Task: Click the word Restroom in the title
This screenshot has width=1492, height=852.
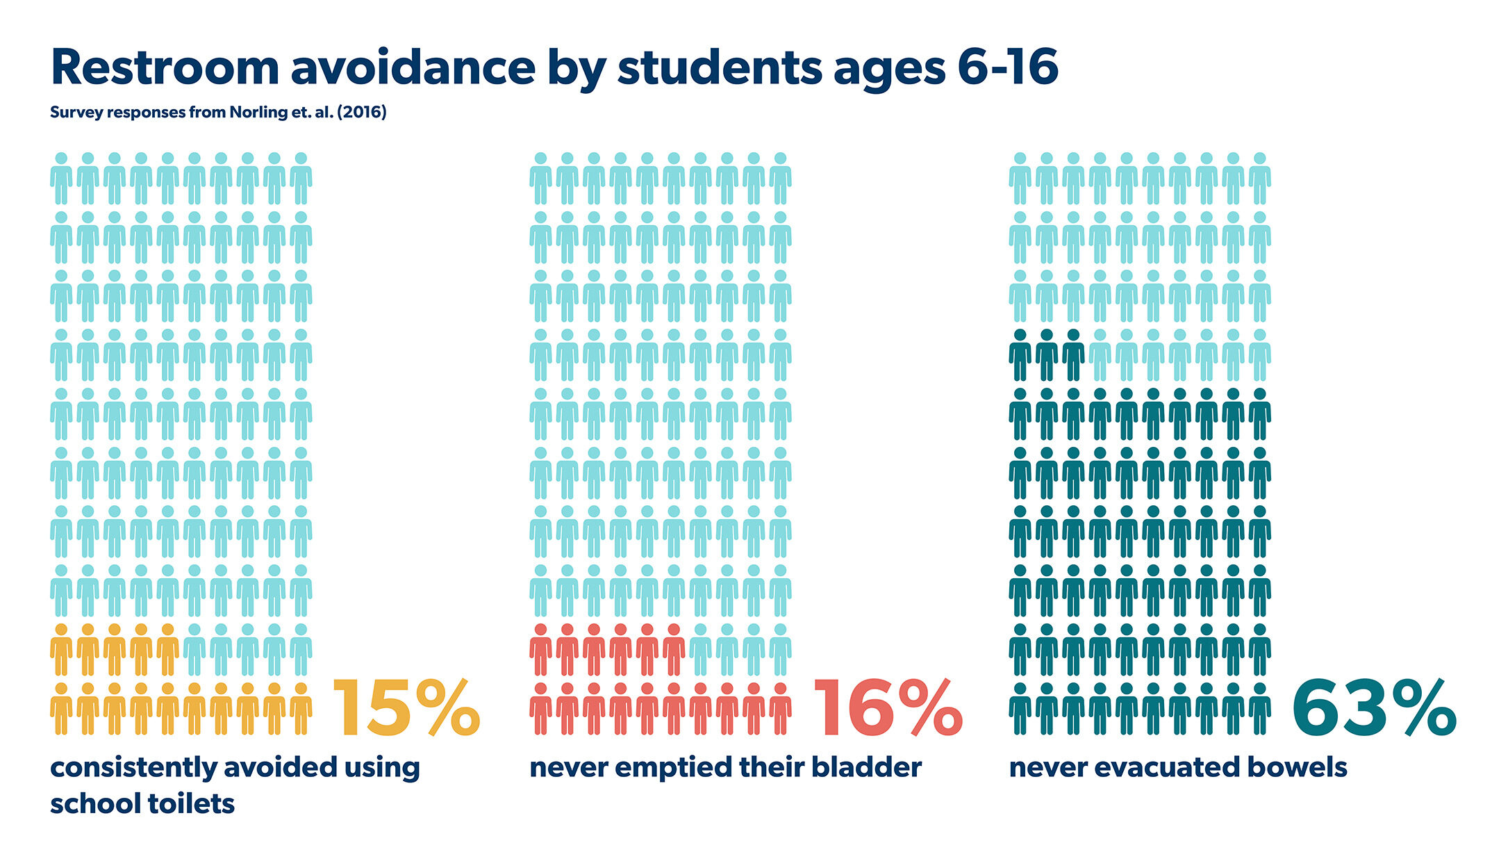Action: click(165, 68)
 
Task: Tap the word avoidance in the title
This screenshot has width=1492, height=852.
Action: click(413, 68)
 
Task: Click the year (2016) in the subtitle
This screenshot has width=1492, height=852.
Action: click(361, 113)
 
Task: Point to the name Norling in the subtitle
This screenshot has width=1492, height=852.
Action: click(255, 113)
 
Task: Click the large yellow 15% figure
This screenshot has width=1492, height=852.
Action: click(406, 709)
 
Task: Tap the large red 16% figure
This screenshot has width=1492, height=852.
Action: click(887, 709)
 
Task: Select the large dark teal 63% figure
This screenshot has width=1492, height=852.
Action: click(1373, 709)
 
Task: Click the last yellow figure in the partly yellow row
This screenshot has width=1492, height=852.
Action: click(167, 650)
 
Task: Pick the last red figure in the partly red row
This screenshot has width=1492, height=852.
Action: click(673, 650)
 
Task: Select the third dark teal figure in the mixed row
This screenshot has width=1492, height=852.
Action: click(1073, 355)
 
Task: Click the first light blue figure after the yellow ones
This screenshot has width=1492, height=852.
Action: click(194, 650)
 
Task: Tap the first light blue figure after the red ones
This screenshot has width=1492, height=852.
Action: click(700, 650)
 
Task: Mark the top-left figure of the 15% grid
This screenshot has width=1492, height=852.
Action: click(61, 179)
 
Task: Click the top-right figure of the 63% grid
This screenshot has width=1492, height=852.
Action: click(1259, 179)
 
